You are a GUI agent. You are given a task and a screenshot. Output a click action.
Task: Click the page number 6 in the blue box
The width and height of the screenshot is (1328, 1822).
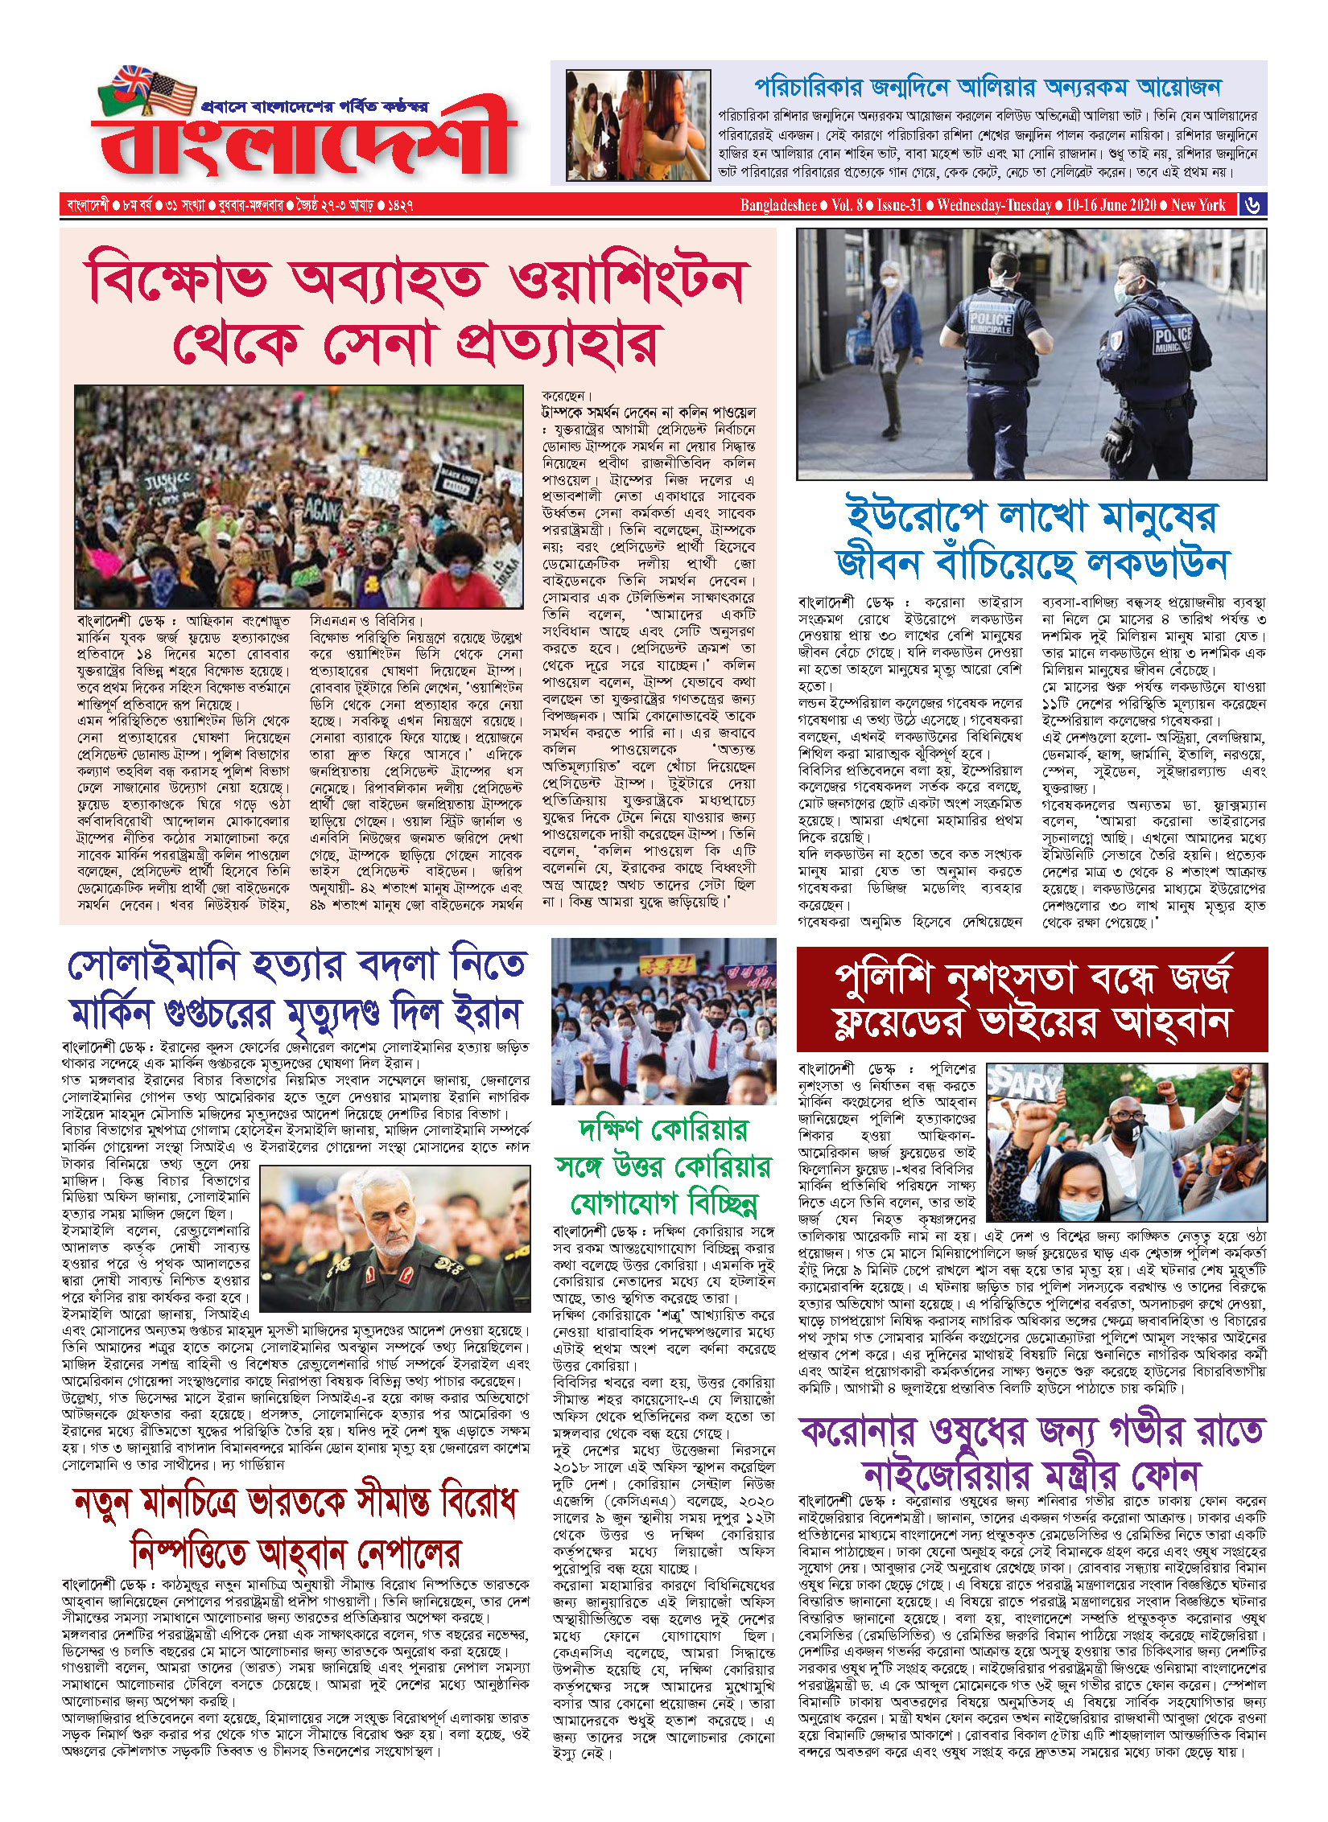point(1252,205)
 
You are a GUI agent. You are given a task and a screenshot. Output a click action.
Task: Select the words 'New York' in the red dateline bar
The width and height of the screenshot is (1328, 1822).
point(1198,205)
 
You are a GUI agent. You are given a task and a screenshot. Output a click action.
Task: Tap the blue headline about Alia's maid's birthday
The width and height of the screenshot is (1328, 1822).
point(988,87)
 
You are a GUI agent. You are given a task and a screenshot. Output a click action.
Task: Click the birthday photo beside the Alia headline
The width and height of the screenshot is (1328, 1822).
point(638,125)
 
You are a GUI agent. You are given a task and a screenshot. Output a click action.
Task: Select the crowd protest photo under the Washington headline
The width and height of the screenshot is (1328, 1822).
point(299,496)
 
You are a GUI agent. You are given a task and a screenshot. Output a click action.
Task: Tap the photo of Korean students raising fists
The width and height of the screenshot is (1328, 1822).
point(663,1021)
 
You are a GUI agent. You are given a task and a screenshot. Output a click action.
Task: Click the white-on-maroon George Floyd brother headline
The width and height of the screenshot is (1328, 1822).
point(1032,999)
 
